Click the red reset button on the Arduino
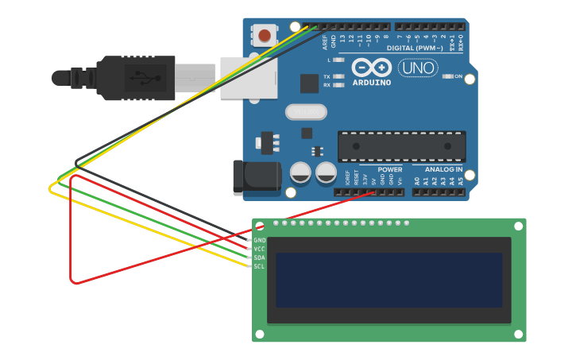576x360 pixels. pyautogui.click(x=265, y=36)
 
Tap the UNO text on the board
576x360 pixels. pyautogui.click(x=417, y=68)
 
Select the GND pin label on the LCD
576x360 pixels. pyautogui.click(x=260, y=240)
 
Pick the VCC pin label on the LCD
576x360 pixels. pyautogui.click(x=260, y=249)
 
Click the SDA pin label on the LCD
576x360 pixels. pyautogui.click(x=260, y=257)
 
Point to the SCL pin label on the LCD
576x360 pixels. pyautogui.click(x=260, y=266)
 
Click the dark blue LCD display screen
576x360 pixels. pyautogui.click(x=389, y=280)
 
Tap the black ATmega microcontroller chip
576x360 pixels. pyautogui.click(x=401, y=146)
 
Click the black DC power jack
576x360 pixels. pyautogui.click(x=256, y=177)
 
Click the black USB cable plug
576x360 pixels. pyautogui.click(x=135, y=78)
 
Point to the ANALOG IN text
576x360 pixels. pyautogui.click(x=443, y=169)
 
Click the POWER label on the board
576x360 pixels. pyautogui.click(x=390, y=169)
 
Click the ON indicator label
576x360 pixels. pyautogui.click(x=458, y=76)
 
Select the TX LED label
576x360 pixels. pyautogui.click(x=327, y=77)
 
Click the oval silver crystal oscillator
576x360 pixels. pyautogui.click(x=306, y=112)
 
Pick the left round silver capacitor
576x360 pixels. pyautogui.click(x=300, y=172)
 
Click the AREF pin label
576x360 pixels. pyautogui.click(x=325, y=41)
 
